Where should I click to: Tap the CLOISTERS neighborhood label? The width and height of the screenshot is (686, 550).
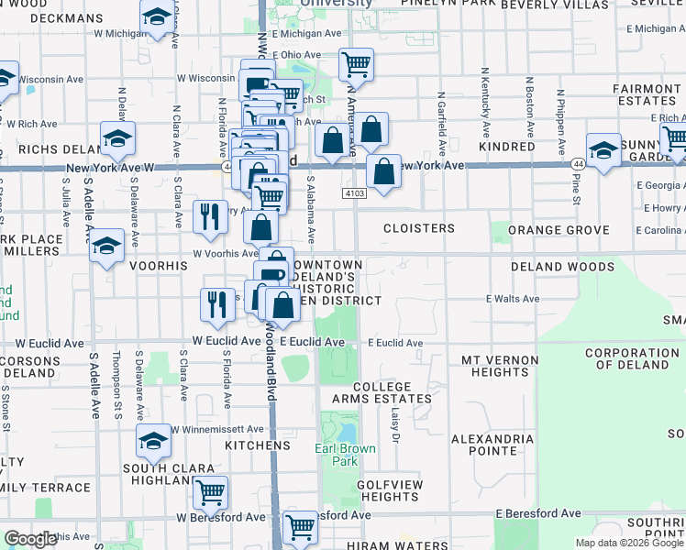point(418,228)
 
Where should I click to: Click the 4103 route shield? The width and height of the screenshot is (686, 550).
point(356,194)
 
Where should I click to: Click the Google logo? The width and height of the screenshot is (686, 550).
point(30,539)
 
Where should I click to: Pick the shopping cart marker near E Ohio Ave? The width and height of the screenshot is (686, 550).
point(355,64)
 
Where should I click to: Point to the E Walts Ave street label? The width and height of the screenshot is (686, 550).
point(512,299)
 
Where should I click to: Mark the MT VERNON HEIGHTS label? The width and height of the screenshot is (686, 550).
point(494,366)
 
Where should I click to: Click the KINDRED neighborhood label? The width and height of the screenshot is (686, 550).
point(506,147)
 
